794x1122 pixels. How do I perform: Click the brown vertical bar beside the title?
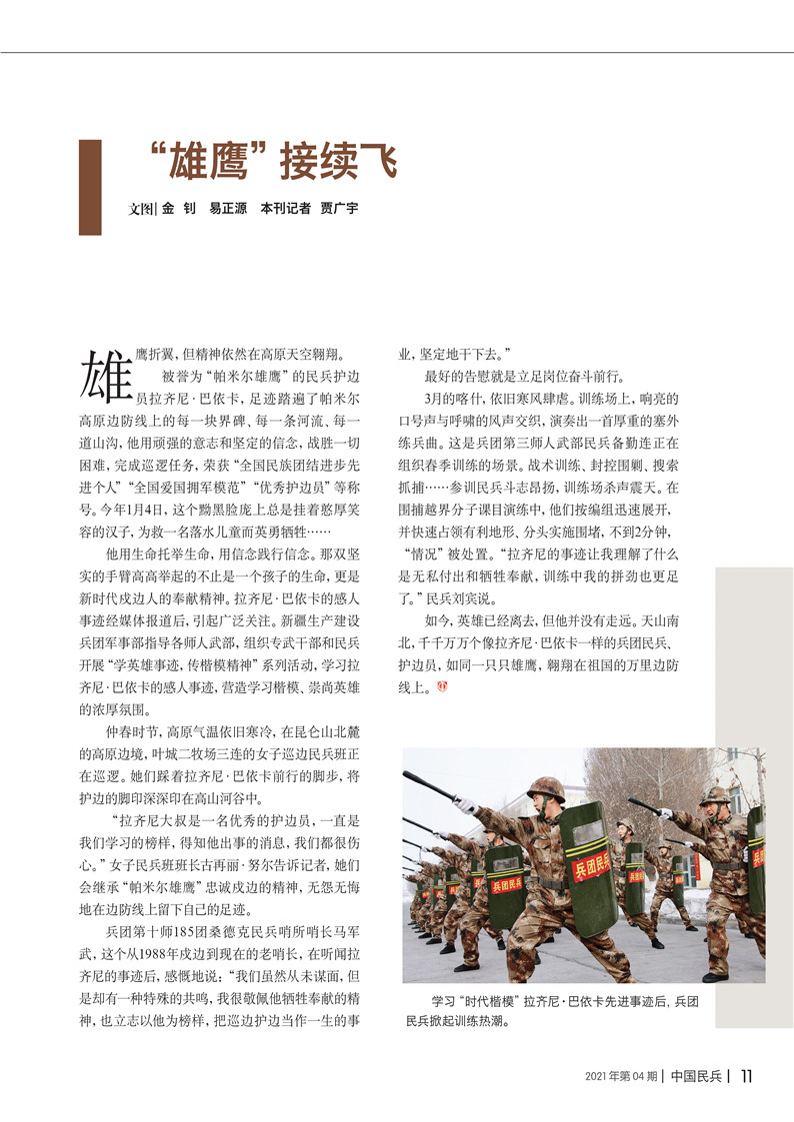pyautogui.click(x=90, y=187)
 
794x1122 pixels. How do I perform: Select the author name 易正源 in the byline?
pyautogui.click(x=228, y=210)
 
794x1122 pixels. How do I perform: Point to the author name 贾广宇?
pyautogui.click(x=339, y=210)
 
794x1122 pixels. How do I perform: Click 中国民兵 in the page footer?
pyautogui.click(x=697, y=1076)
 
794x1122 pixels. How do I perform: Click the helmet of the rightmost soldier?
pyautogui.click(x=715, y=795)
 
